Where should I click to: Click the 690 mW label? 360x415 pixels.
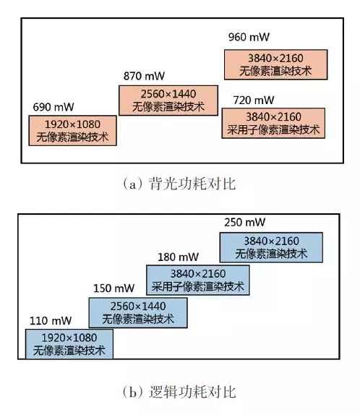pos(53,107)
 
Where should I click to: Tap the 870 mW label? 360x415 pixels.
pos(144,76)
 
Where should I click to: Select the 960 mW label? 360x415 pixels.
pos(249,37)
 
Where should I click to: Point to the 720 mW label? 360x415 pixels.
pos(254,100)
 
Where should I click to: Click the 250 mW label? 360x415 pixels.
pos(245,223)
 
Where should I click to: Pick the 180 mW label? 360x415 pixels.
pos(178,257)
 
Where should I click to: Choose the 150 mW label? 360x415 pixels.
pos(113,288)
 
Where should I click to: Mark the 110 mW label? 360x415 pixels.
pos(51,321)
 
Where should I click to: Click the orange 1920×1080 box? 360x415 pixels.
pos(73,130)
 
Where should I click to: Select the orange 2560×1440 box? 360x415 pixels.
pos(168,100)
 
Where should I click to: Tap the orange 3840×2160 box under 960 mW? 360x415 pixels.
pos(276,64)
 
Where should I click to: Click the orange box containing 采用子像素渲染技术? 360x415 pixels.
pos(273,123)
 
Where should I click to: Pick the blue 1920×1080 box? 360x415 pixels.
pos(69,344)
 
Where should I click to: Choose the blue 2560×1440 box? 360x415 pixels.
pos(138,313)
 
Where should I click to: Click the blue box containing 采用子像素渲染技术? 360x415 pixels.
pos(198,280)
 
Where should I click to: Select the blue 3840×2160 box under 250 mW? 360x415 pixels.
pos(271,247)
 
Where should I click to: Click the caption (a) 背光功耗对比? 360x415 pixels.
pos(179,184)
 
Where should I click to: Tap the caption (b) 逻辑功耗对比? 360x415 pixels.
pos(179,392)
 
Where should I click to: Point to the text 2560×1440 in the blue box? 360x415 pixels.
pos(138,307)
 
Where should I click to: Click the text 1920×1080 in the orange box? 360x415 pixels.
pos(73,124)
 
